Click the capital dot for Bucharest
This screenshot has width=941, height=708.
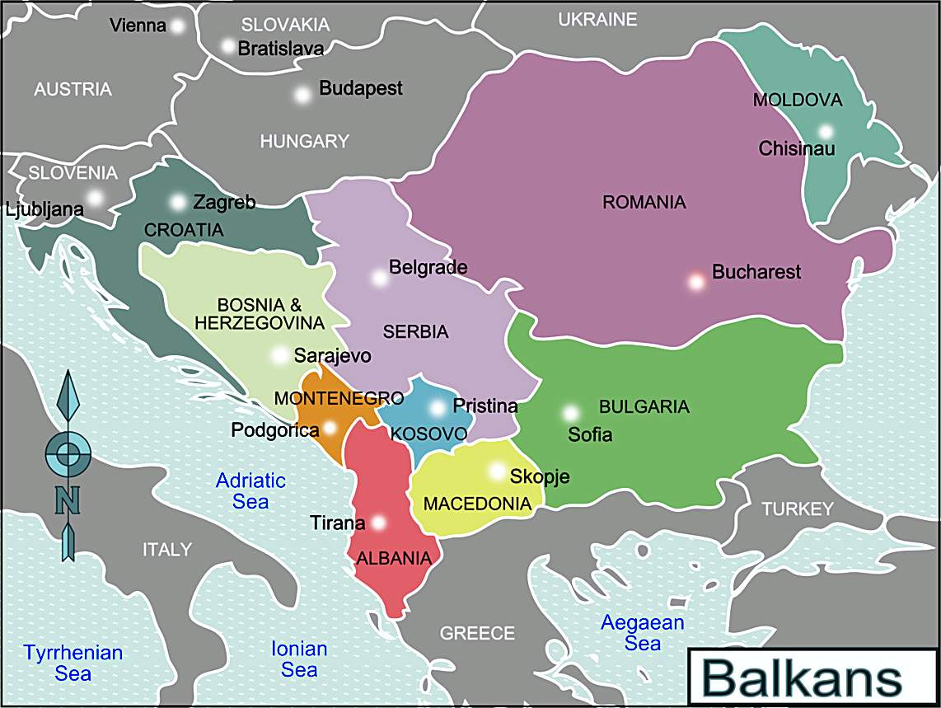(696, 282)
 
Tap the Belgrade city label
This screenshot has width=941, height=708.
(428, 267)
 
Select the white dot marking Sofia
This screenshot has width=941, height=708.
(570, 413)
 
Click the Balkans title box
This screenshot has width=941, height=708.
(802, 678)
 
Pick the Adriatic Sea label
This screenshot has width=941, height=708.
(250, 490)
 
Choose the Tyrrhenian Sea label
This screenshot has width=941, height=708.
(73, 663)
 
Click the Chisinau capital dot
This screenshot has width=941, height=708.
(826, 132)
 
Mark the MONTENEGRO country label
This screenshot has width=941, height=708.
(339, 399)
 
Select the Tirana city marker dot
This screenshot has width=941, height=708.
(378, 523)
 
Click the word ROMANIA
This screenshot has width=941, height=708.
(644, 202)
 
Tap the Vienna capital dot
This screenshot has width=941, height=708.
(176, 26)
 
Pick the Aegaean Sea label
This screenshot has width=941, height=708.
(642, 633)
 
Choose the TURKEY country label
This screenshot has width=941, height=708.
(797, 509)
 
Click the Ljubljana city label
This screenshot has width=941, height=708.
(44, 209)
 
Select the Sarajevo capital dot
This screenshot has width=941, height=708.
(280, 356)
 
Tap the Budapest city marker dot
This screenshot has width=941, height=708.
(302, 95)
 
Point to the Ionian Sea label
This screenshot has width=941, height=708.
(299, 659)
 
